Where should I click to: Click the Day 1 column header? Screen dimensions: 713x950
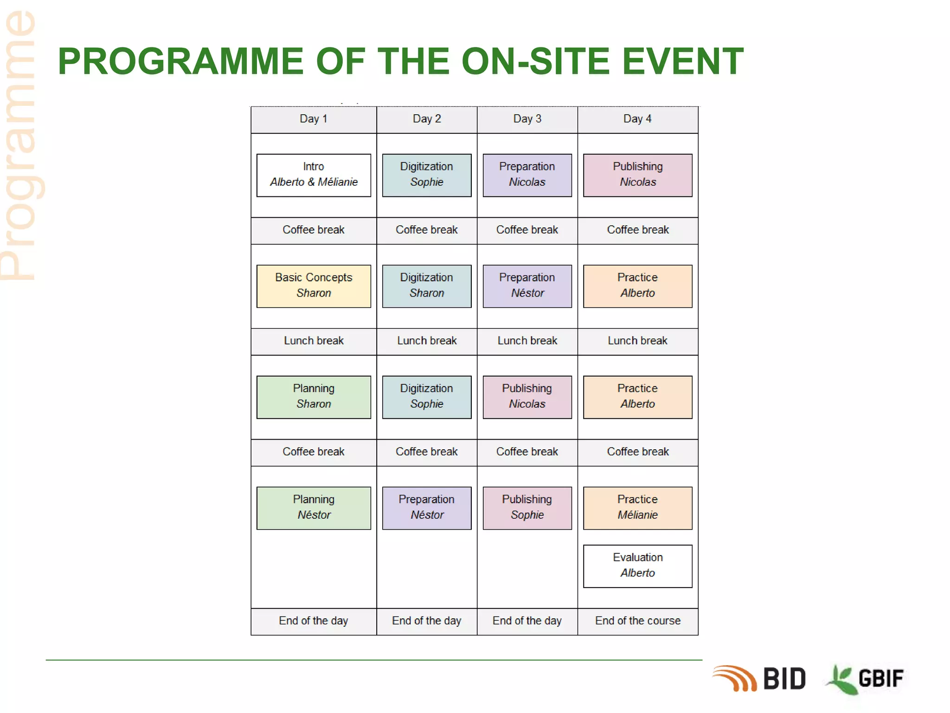coord(314,119)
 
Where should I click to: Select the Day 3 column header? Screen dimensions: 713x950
coord(527,119)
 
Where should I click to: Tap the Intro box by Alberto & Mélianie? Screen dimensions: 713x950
coord(314,175)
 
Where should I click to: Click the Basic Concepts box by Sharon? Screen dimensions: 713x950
coord(314,286)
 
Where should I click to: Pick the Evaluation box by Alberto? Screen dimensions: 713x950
coord(637,566)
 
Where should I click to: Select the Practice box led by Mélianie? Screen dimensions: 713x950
coord(637,508)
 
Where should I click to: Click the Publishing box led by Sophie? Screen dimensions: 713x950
coord(527,508)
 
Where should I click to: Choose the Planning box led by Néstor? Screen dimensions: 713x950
coord(314,508)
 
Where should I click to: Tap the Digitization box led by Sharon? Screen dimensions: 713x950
coord(427,286)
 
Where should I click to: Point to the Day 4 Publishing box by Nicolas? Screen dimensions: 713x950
coord(637,175)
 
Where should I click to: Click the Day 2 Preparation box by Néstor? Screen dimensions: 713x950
coord(427,508)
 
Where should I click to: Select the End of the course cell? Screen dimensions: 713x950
coord(637,621)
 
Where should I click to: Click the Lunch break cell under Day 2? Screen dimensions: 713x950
coord(427,341)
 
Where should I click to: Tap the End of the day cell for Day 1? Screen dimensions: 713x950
coord(314,621)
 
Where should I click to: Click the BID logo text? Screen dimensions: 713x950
coord(784,679)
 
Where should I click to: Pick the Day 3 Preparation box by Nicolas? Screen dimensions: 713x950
coord(527,175)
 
